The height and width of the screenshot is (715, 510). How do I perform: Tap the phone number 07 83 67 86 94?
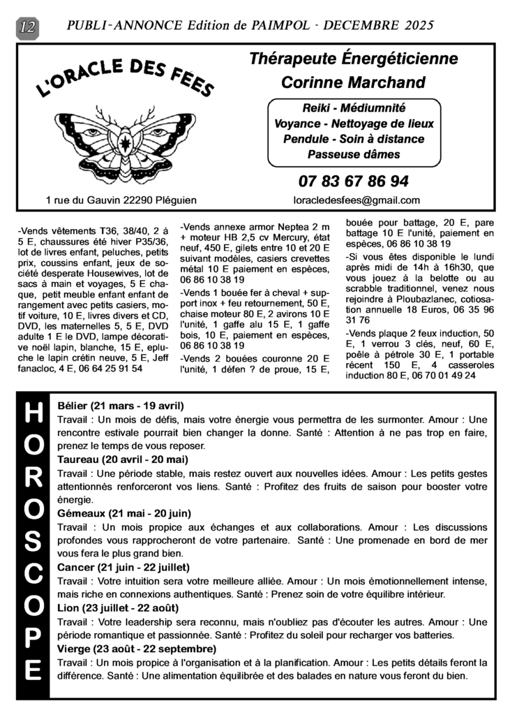[x=353, y=182]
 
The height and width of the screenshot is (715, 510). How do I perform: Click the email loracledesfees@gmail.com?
[x=357, y=200]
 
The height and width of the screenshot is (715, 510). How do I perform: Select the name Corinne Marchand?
[x=353, y=82]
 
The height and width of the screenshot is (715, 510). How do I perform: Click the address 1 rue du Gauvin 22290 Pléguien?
[x=121, y=200]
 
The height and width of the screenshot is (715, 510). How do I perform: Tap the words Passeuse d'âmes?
[x=354, y=154]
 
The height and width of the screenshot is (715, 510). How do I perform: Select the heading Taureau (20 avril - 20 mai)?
[x=123, y=459]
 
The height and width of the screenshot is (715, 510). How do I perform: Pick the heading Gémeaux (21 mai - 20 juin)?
[x=124, y=513]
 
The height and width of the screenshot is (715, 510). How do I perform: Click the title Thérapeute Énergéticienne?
[x=353, y=59]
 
